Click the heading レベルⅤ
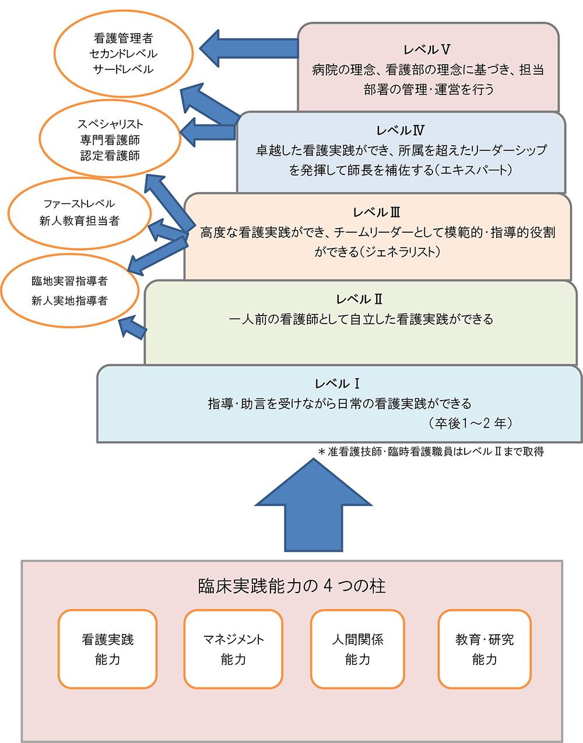(427, 50)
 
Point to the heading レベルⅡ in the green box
(360, 299)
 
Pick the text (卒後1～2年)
(470, 423)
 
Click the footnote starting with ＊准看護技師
(431, 451)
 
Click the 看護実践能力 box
(107, 649)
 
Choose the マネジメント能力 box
(233, 649)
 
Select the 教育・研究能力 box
(484, 649)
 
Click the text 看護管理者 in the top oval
(123, 38)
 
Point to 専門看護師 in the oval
(110, 140)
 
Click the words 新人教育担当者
(79, 221)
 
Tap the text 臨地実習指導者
(69, 281)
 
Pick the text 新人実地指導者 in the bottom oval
(69, 301)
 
